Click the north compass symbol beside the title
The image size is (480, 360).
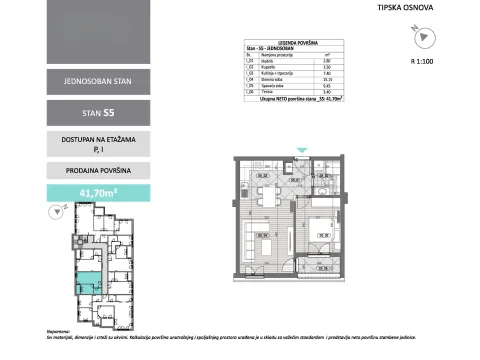click(424, 37)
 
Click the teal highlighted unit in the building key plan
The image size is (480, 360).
click(89, 282)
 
